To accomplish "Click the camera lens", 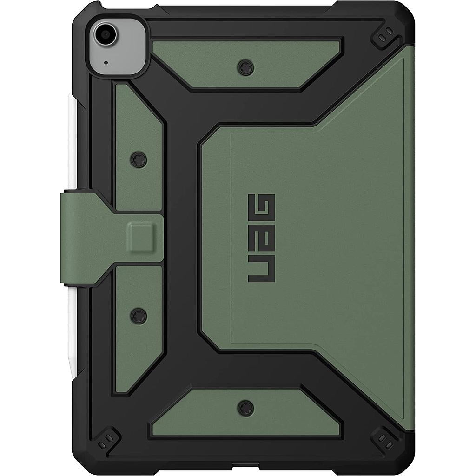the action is [105, 34].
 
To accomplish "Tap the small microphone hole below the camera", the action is [106, 63].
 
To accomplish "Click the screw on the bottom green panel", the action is [245, 407].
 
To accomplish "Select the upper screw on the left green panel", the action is [139, 159].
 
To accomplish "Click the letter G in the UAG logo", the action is [261, 208].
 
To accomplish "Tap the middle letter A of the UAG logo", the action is [261, 239].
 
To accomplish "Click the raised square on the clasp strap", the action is [142, 237].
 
